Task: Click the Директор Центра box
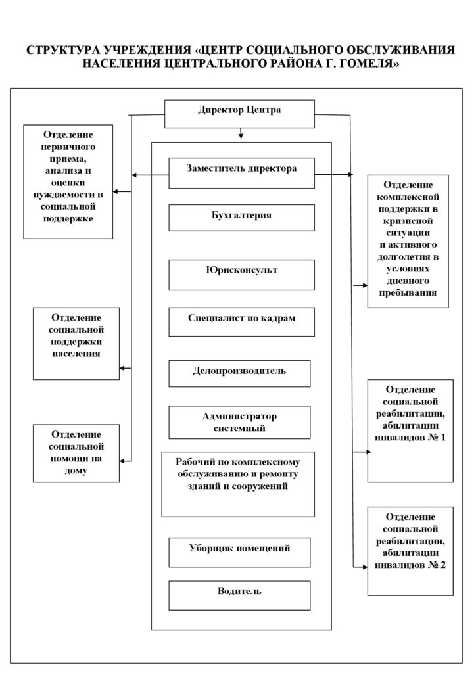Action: click(x=239, y=114)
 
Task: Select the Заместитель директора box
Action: click(x=241, y=173)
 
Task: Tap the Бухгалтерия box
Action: click(x=241, y=218)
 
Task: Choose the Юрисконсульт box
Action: click(x=241, y=275)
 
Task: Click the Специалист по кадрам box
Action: click(x=241, y=321)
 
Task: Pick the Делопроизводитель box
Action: click(x=239, y=373)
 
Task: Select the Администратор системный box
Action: click(x=239, y=423)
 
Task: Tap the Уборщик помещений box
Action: click(x=239, y=552)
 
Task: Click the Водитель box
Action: click(x=239, y=595)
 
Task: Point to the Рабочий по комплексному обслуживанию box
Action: click(x=238, y=484)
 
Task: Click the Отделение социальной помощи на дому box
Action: click(x=76, y=453)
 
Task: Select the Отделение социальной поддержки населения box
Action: click(x=76, y=343)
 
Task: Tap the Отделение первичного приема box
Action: click(x=68, y=181)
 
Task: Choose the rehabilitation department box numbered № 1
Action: click(x=410, y=430)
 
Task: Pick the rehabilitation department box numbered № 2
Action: click(x=410, y=551)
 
